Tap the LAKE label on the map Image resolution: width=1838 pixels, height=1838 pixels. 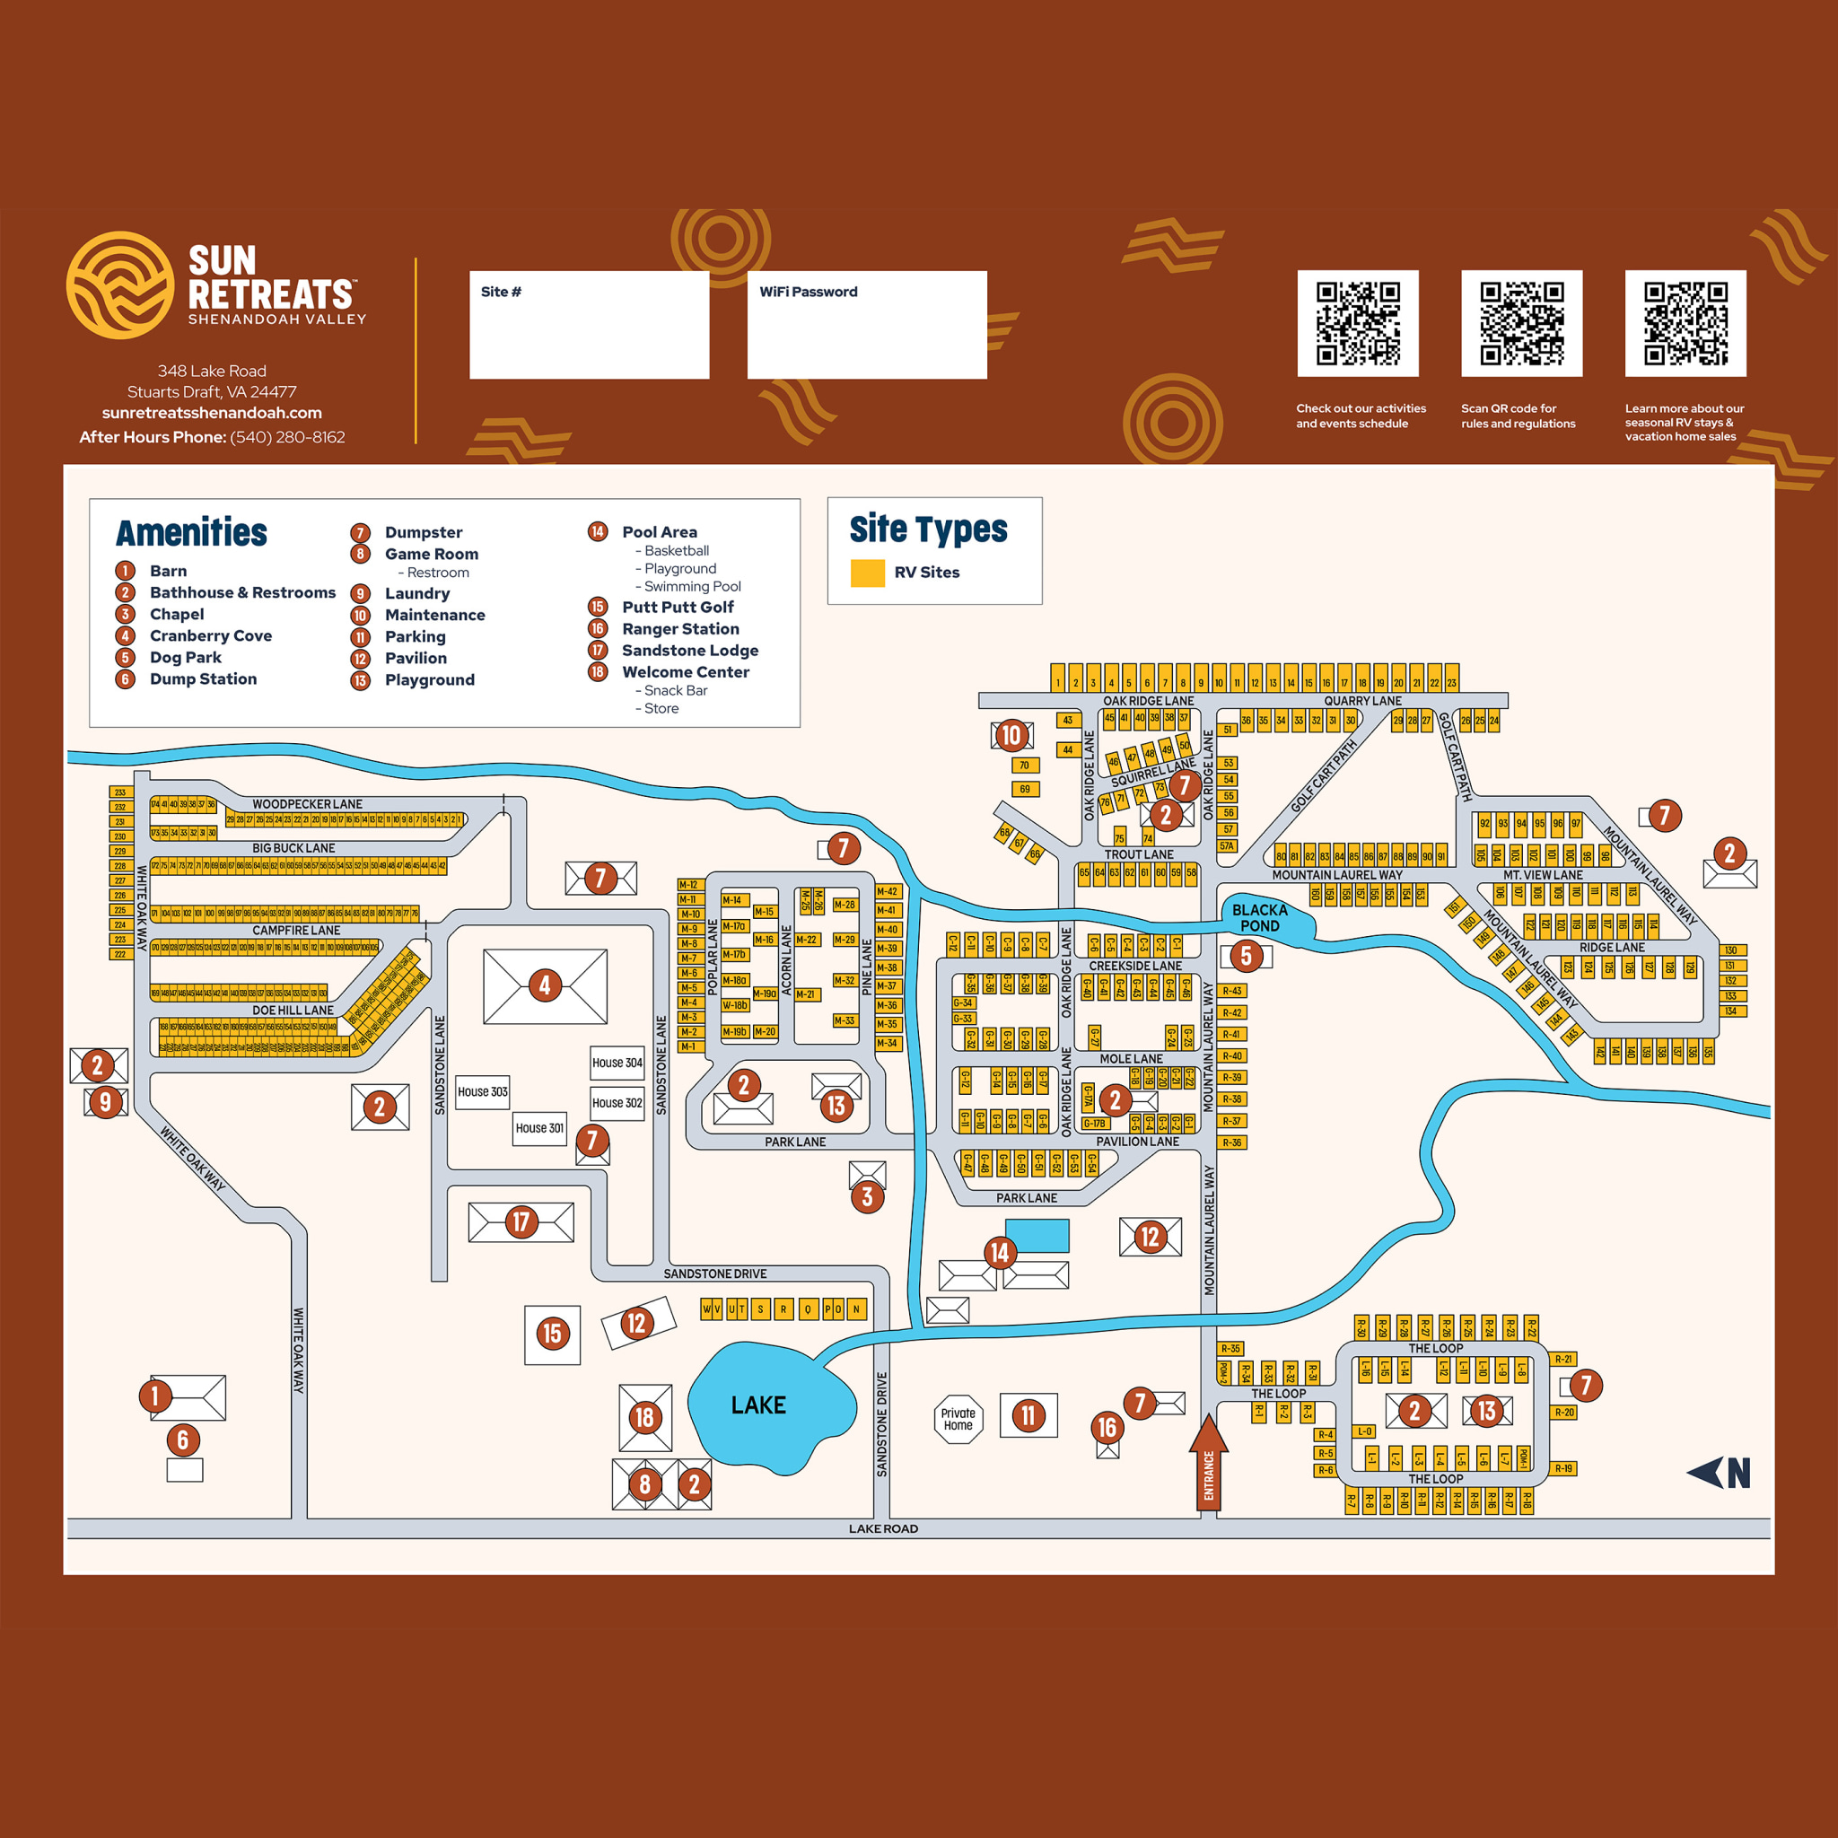(x=758, y=1405)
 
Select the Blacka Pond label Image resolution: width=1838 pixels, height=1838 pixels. (x=1259, y=918)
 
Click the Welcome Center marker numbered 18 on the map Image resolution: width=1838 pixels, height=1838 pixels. (x=644, y=1417)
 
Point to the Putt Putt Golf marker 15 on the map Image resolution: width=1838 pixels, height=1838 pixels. (x=552, y=1334)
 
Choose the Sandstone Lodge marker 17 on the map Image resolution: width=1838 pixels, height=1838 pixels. (x=521, y=1222)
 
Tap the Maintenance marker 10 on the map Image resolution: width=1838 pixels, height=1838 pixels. (x=1011, y=735)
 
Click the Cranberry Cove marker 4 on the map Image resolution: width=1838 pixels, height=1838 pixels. (x=544, y=985)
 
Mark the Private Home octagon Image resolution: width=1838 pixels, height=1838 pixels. (x=958, y=1420)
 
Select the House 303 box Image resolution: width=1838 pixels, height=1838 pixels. (x=482, y=1092)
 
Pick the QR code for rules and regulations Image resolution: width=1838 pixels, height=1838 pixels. (x=1521, y=323)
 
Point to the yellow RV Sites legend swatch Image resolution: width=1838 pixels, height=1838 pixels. (x=867, y=573)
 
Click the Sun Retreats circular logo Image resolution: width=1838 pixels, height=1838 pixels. (x=120, y=285)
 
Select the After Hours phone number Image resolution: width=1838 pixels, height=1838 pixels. (x=287, y=438)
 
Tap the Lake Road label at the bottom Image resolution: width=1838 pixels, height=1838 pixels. (x=883, y=1528)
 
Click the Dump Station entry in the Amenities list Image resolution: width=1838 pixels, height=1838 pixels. (x=203, y=679)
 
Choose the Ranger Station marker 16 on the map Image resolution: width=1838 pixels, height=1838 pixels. (x=1107, y=1427)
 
